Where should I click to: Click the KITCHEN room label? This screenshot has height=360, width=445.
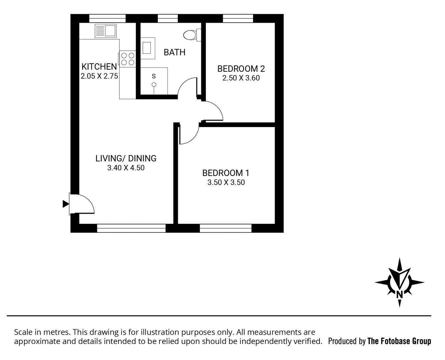pos(99,66)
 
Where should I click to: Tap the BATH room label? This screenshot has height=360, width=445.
pos(174,52)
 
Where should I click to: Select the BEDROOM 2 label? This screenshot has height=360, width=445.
pos(241,69)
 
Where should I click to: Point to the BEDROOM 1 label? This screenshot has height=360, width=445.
pos(226,173)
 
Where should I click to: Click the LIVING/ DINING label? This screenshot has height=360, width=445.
pos(126,158)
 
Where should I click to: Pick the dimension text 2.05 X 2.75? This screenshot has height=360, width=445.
pos(99,76)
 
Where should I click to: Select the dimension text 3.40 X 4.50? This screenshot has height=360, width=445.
pos(126,168)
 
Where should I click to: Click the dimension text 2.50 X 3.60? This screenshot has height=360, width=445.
pos(241,78)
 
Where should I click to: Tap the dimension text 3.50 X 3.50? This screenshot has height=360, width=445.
pos(226,183)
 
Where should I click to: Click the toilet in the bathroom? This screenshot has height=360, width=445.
pos(192,35)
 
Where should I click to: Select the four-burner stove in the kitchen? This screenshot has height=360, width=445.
pos(128,59)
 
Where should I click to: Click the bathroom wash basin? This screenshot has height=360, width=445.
pos(147,48)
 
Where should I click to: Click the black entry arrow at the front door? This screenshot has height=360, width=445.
pos(65,204)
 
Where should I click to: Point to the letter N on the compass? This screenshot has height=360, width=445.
pos(399,294)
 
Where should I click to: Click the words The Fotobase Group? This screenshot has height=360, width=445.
pos(399,341)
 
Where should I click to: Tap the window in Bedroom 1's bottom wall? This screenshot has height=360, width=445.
pos(226,228)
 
